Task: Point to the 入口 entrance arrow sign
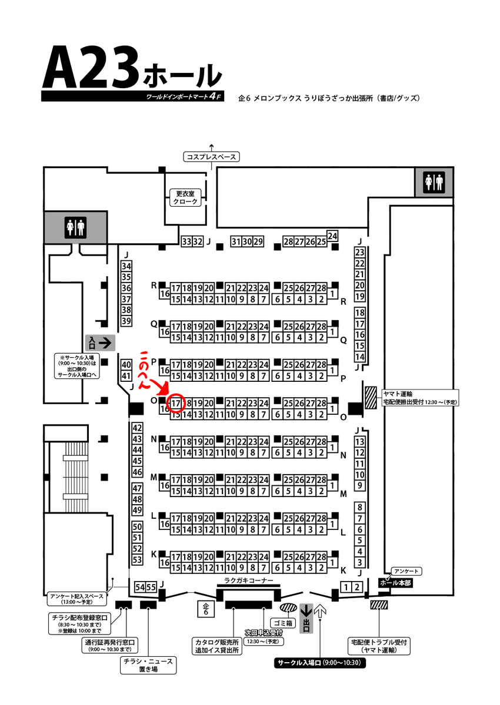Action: point(100,341)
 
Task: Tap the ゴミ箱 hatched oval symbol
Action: point(289,608)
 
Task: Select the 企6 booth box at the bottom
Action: point(206,609)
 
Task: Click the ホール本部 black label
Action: point(395,583)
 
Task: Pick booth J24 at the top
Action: point(333,236)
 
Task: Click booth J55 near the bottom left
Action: point(151,586)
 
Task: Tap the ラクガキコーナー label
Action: point(249,580)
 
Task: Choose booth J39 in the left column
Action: point(125,321)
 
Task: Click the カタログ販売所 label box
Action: point(218,646)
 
